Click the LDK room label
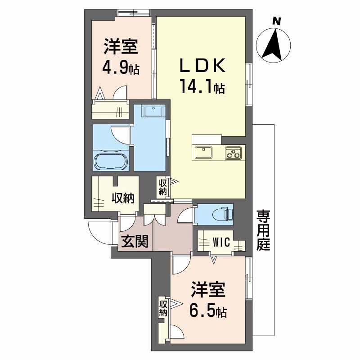pos(202,66)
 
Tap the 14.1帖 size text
pos(202,85)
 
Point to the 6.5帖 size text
pos(207,310)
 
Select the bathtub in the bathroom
pos(111,160)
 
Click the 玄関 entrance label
pos(134,243)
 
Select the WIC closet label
pos(222,243)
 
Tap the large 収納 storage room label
pos(122,198)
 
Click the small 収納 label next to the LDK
pos(163,186)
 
